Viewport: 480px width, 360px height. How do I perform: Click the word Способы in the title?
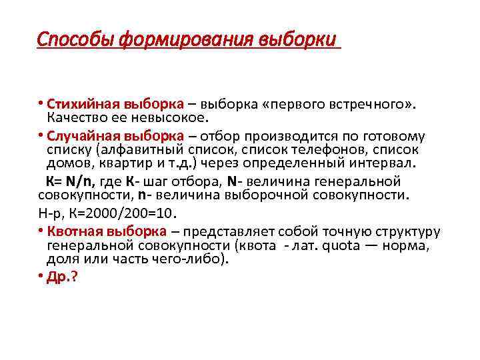(x=75, y=40)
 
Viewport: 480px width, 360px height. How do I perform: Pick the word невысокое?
(x=175, y=117)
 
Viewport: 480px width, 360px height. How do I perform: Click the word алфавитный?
(x=143, y=149)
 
